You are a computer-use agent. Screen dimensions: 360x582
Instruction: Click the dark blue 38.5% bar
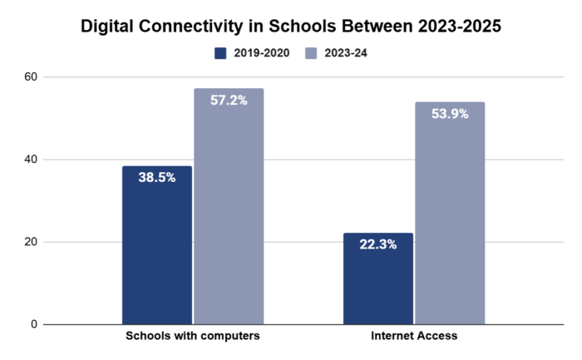pyautogui.click(x=157, y=249)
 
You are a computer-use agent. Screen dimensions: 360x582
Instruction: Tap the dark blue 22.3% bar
pyautogui.click(x=378, y=283)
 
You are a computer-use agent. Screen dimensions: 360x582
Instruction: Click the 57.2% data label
pyautogui.click(x=229, y=100)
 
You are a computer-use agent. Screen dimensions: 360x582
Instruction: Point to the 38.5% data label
pyautogui.click(x=157, y=177)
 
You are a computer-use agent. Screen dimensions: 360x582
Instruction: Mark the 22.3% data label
pyautogui.click(x=378, y=244)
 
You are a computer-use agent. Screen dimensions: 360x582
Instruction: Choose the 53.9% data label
pyautogui.click(x=450, y=114)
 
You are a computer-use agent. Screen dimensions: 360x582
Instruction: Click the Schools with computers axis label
pyautogui.click(x=193, y=337)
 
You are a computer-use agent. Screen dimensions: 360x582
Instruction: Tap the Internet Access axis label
pyautogui.click(x=414, y=337)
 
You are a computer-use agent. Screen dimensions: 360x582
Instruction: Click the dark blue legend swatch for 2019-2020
pyautogui.click(x=221, y=53)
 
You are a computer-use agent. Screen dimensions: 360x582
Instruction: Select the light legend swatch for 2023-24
pyautogui.click(x=312, y=53)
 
